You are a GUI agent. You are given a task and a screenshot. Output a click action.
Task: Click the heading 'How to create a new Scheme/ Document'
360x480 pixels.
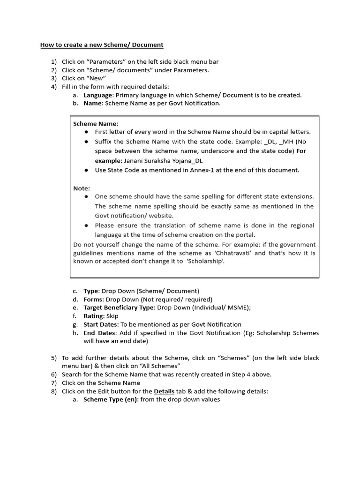[102, 45]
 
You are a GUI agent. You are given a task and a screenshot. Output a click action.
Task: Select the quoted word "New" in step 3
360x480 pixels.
[97, 78]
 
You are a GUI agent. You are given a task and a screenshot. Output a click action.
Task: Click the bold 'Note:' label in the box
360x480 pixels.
[82, 188]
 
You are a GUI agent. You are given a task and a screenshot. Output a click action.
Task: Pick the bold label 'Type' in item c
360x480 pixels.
[91, 291]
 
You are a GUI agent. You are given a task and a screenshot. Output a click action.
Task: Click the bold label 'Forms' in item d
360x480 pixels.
[93, 300]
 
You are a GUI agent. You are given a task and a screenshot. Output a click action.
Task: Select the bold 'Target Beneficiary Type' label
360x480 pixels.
[119, 308]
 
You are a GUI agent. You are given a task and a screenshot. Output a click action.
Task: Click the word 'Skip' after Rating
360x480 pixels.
[112, 316]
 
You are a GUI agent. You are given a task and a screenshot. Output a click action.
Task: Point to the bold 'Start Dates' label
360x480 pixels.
[100, 324]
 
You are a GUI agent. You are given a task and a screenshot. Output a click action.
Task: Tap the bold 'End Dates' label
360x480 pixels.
[99, 333]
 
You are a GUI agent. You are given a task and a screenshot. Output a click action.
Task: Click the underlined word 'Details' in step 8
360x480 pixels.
[164, 391]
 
